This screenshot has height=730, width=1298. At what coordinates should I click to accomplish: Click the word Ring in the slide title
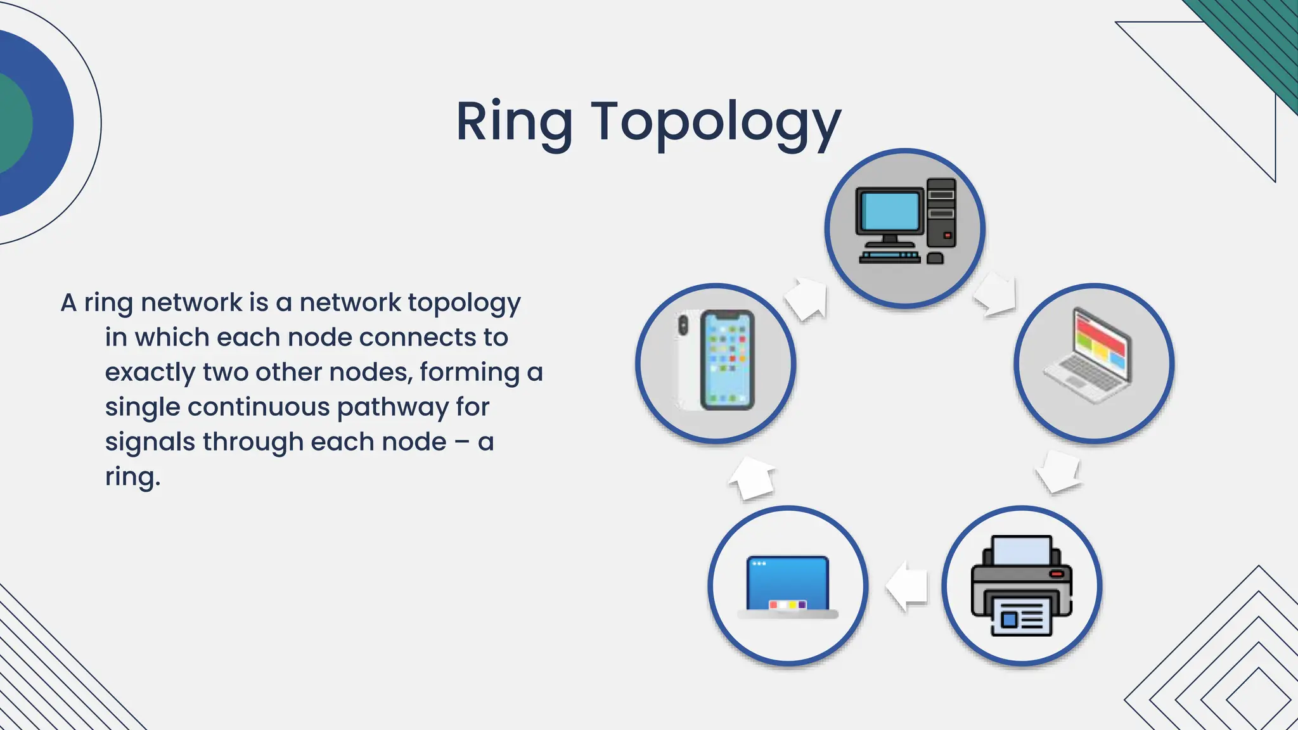(514, 122)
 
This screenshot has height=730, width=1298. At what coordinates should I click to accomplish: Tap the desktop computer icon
(905, 222)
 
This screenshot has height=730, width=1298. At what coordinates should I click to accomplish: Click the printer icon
(1021, 586)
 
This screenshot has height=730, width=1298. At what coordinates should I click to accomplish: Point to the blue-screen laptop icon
(788, 586)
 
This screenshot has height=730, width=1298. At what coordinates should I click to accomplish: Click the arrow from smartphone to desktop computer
(807, 298)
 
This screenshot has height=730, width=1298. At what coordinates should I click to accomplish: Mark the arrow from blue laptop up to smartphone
(753, 478)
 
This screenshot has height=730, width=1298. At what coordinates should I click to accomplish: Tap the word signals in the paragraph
(150, 442)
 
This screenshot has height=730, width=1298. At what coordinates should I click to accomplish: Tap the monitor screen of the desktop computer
(889, 211)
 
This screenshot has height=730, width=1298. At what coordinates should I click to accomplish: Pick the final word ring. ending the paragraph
(132, 477)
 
